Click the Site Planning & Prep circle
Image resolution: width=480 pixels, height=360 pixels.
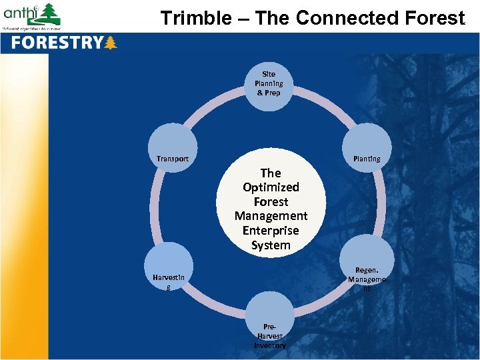(x=269, y=83)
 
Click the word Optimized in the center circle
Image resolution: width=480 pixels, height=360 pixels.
(x=271, y=187)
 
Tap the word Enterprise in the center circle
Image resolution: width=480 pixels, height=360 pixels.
(x=271, y=231)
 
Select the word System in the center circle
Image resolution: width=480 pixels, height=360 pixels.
(x=271, y=245)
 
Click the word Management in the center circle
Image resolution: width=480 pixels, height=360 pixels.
(x=271, y=216)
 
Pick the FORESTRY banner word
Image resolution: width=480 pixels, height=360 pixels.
(x=57, y=43)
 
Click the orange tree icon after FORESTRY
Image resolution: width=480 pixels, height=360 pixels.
(x=111, y=43)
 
